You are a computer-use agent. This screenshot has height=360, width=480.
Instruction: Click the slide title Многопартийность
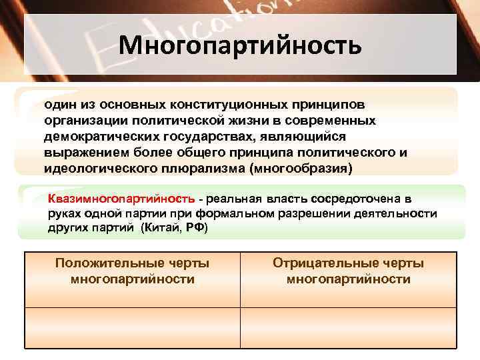click(x=240, y=46)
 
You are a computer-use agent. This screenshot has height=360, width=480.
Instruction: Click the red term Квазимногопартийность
click(x=121, y=199)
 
